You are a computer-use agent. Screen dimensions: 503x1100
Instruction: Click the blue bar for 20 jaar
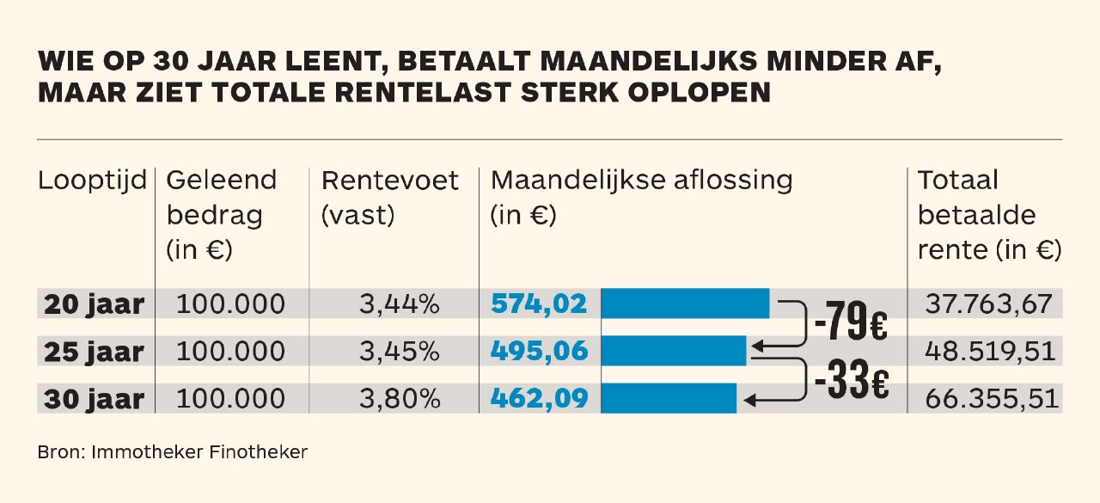684,304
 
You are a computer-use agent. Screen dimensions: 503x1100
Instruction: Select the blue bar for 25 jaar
673,351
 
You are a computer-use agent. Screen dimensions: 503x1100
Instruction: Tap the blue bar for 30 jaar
668,398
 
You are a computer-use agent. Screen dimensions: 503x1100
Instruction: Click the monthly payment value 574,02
539,304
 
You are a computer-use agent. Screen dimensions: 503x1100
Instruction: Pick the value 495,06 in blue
539,351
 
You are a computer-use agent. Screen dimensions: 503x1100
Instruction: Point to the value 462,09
539,398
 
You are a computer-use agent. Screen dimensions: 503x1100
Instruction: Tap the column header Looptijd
93,181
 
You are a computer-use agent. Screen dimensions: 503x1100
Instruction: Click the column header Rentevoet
389,181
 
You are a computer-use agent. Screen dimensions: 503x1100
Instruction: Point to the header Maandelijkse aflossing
641,181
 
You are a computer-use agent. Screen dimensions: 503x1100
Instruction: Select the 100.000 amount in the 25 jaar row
230,352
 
